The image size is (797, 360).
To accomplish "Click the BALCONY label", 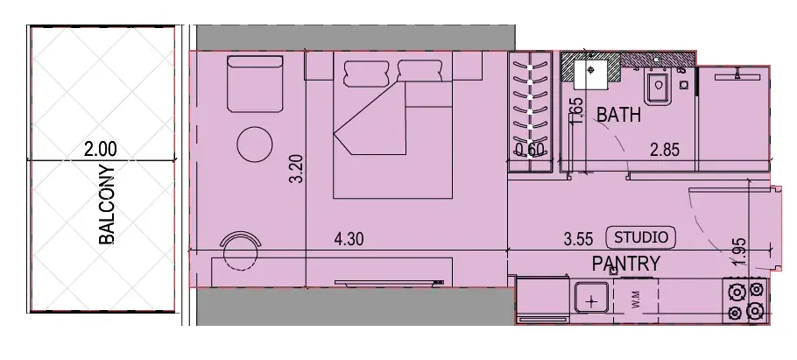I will click(x=108, y=204).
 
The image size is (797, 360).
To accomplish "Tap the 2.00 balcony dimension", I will click(x=101, y=151).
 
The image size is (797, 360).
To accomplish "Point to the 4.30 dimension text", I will click(x=350, y=238).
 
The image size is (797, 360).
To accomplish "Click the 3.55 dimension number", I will click(x=579, y=238).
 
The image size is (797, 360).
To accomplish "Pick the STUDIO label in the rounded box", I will click(x=643, y=236).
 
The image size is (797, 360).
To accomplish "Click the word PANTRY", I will click(x=625, y=263).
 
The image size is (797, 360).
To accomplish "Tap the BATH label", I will click(x=618, y=115).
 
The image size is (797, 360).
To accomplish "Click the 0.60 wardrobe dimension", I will click(x=531, y=151).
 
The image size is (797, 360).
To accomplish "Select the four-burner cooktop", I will click(x=744, y=300).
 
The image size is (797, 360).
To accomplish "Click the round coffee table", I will click(x=255, y=143).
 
